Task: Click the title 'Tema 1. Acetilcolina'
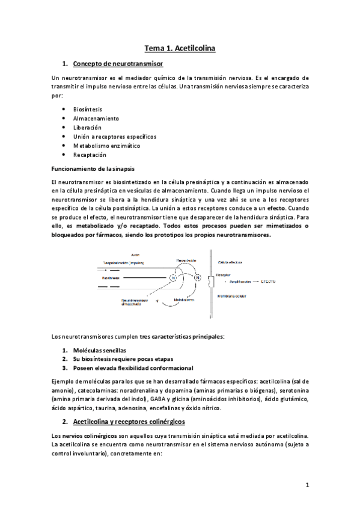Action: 180,47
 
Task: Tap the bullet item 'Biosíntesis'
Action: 88,109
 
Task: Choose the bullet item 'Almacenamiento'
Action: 96,118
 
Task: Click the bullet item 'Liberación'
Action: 87,127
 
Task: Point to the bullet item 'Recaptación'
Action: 90,155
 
